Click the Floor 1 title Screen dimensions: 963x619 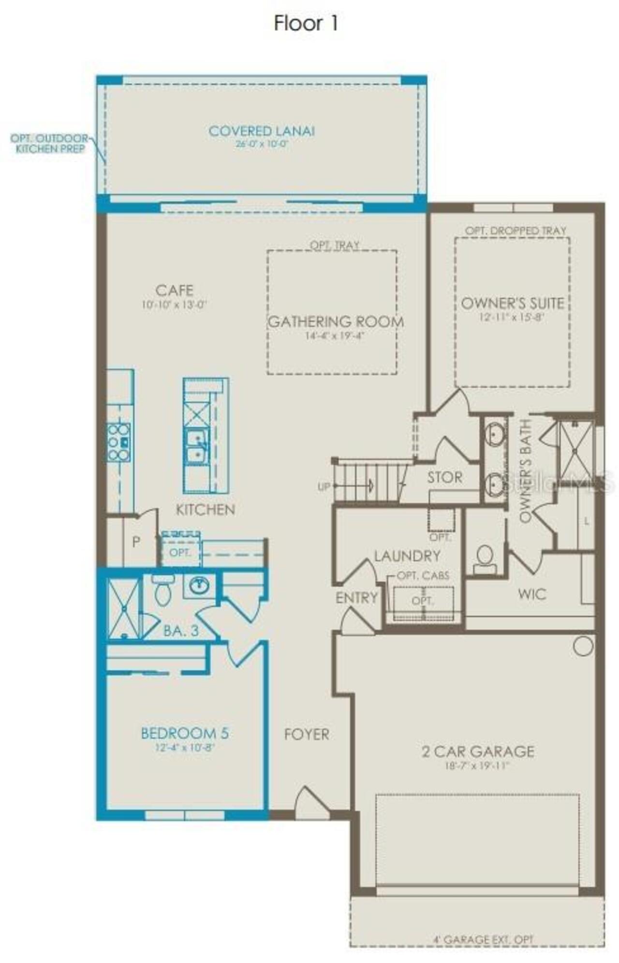[x=306, y=23]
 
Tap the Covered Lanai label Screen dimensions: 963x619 [x=262, y=131]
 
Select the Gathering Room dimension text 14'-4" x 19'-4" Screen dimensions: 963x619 [x=334, y=335]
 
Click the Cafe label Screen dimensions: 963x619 [x=175, y=290]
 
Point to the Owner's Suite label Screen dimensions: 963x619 [x=513, y=303]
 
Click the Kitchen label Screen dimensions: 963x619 [x=206, y=509]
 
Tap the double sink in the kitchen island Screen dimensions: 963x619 [x=197, y=446]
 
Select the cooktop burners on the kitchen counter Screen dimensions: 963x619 [x=118, y=442]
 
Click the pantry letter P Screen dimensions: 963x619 [x=136, y=542]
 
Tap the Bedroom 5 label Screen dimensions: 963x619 [x=185, y=733]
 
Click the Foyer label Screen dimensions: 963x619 [x=307, y=734]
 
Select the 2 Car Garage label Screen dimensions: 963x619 [x=478, y=751]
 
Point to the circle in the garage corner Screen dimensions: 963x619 [x=583, y=646]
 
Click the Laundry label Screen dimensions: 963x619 [x=407, y=556]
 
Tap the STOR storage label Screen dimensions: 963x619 [x=444, y=477]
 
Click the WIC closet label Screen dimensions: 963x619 [x=532, y=594]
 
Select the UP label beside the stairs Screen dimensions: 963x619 [x=324, y=487]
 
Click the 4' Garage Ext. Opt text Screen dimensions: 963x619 [x=483, y=939]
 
